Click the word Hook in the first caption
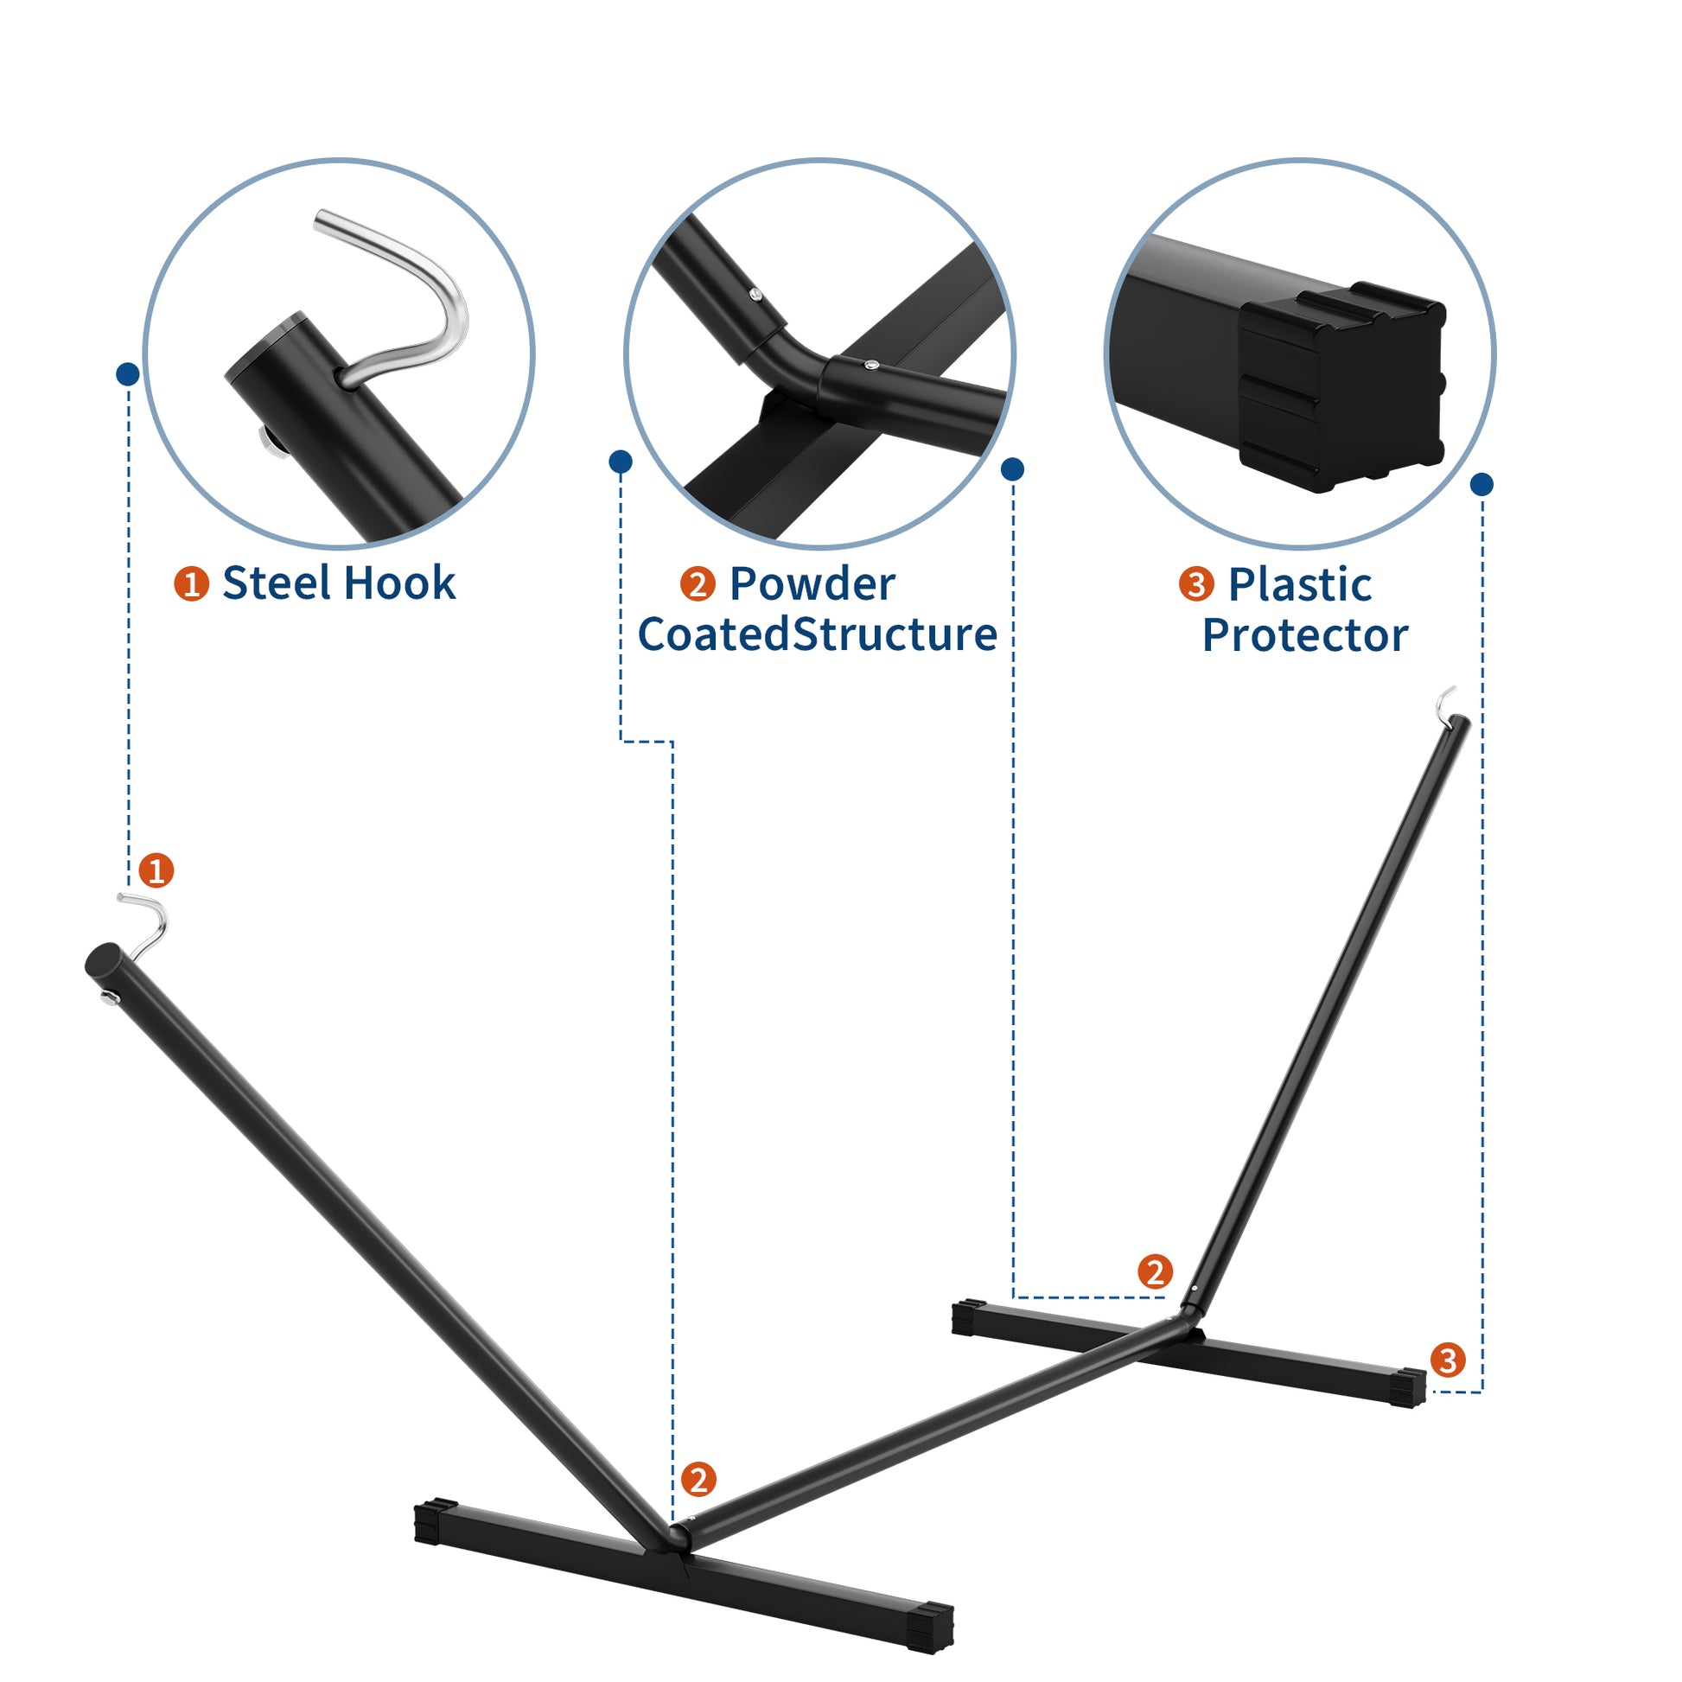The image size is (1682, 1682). click(398, 583)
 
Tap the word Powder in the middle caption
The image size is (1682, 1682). click(812, 584)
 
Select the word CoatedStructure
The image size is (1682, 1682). click(818, 634)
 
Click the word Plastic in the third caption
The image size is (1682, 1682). click(1299, 585)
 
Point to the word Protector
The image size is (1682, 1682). click(1304, 635)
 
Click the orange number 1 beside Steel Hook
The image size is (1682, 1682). click(192, 583)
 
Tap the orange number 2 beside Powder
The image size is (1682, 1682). click(698, 584)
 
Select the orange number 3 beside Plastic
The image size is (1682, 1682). click(1196, 584)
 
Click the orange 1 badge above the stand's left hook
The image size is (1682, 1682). click(156, 870)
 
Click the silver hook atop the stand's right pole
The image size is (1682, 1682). click(1446, 704)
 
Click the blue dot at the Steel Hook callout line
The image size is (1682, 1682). click(127, 374)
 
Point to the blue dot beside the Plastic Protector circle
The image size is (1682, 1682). click(1481, 484)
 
